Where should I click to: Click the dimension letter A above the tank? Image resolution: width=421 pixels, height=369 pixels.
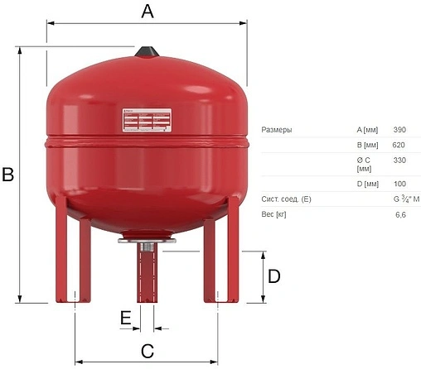click(x=148, y=11)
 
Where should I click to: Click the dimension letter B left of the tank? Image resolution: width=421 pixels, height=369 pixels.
click(x=8, y=175)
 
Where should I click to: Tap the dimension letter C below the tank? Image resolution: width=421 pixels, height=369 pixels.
click(x=147, y=351)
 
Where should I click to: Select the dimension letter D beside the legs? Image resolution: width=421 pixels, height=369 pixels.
click(x=273, y=276)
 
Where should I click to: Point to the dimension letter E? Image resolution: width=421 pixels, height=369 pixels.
click(x=125, y=318)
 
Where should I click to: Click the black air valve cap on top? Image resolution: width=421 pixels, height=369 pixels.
click(x=147, y=52)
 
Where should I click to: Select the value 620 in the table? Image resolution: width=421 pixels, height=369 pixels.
click(x=399, y=146)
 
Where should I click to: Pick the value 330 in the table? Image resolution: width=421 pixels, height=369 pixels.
click(x=399, y=161)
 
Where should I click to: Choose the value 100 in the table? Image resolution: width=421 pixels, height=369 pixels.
click(x=399, y=184)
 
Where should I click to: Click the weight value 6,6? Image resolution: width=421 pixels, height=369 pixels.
click(x=400, y=214)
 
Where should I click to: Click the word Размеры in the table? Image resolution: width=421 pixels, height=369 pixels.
click(x=276, y=130)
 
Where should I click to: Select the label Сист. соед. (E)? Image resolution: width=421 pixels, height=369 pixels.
click(x=286, y=199)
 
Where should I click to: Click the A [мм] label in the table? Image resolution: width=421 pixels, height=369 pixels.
click(x=367, y=130)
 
